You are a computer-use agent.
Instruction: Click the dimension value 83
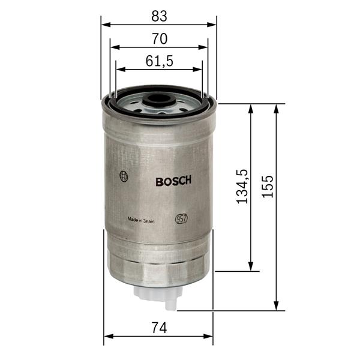(159, 15)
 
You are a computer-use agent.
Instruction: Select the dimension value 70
(159, 38)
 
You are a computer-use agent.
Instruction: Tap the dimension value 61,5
(159, 61)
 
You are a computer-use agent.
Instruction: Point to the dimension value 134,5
(242, 187)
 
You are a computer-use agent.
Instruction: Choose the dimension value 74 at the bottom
(158, 328)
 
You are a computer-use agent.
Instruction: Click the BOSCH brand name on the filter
(173, 181)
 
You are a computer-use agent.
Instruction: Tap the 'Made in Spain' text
(141, 220)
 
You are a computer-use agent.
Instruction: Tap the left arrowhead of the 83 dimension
(105, 25)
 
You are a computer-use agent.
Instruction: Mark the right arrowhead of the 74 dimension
(209, 336)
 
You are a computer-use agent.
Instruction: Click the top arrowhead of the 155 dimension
(277, 108)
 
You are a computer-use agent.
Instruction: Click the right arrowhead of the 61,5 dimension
(199, 70)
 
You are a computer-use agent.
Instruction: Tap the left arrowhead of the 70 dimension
(114, 47)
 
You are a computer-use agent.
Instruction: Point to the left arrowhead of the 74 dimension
(108, 336)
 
